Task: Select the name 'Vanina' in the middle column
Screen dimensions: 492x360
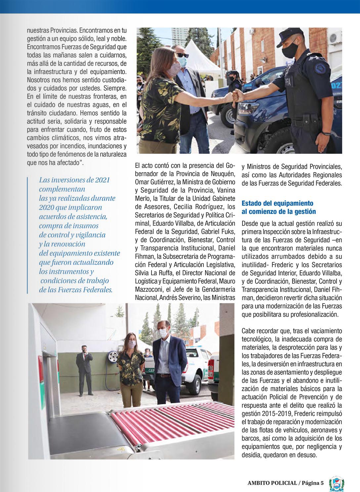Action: [223, 191]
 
